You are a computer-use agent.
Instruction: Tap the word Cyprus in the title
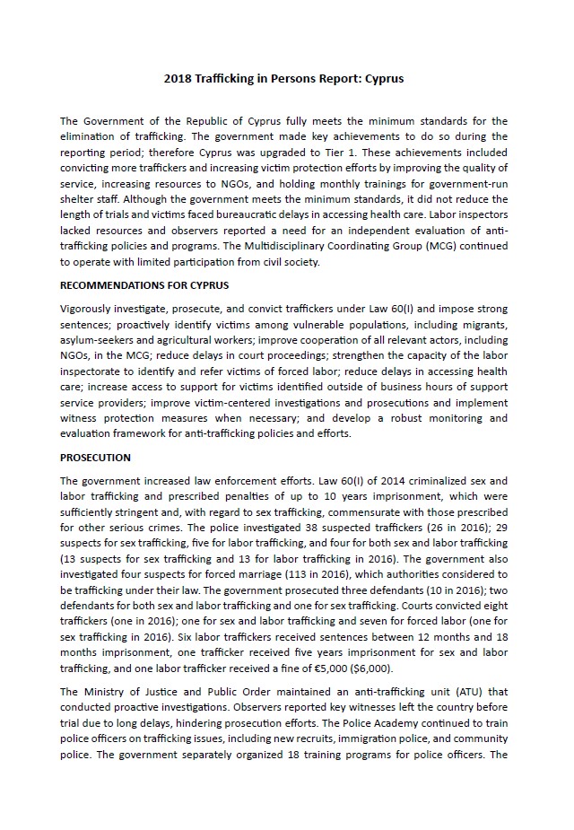click(x=385, y=78)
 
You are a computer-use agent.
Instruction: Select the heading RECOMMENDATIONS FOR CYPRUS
click(x=144, y=285)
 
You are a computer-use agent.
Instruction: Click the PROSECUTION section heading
click(x=95, y=457)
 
